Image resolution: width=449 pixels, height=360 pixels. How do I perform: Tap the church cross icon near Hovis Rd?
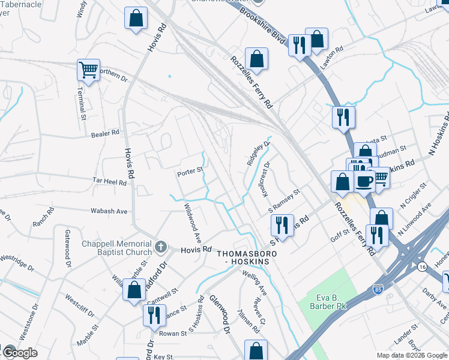tap(160, 247)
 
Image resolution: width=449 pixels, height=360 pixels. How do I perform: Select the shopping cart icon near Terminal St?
tap(88, 71)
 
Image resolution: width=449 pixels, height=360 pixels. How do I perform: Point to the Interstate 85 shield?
tap(378, 289)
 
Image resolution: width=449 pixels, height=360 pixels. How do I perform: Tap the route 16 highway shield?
tap(423, 266)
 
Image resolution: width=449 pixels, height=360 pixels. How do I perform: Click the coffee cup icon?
tap(364, 181)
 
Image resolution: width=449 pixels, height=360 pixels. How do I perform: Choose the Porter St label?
tap(190, 173)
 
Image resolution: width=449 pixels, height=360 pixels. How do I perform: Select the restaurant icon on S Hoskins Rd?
tap(282, 225)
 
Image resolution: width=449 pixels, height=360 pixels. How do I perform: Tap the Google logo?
tap(20, 352)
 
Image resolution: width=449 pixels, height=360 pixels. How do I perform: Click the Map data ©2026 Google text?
tap(412, 355)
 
